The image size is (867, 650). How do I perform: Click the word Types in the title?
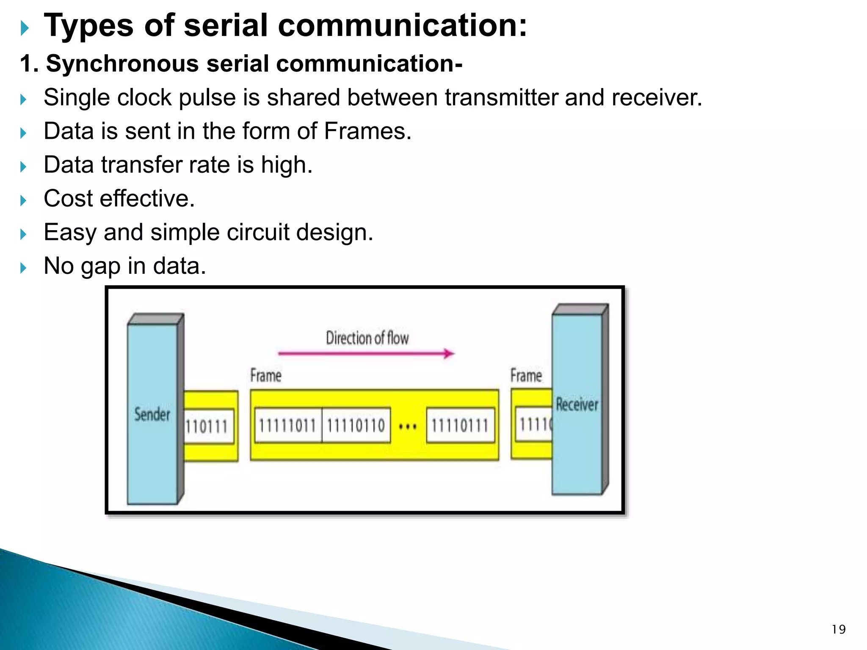click(x=88, y=26)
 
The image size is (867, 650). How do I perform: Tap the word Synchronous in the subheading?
click(x=122, y=64)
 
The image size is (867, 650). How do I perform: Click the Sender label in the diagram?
click(x=152, y=414)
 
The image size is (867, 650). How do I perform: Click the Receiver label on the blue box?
click(x=577, y=405)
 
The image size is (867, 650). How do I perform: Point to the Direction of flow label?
click(x=367, y=338)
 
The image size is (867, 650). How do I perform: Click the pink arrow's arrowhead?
click(x=449, y=353)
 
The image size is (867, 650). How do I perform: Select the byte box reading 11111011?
click(x=287, y=426)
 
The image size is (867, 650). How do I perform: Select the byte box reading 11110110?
click(x=356, y=426)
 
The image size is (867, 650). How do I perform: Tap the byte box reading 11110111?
click(x=460, y=426)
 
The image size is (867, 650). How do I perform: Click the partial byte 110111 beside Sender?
click(x=207, y=427)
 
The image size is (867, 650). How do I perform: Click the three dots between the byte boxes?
click(x=408, y=427)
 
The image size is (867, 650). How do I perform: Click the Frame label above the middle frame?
click(x=265, y=376)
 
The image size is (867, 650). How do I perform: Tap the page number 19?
click(x=838, y=630)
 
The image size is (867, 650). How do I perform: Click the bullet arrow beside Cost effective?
click(x=23, y=200)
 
